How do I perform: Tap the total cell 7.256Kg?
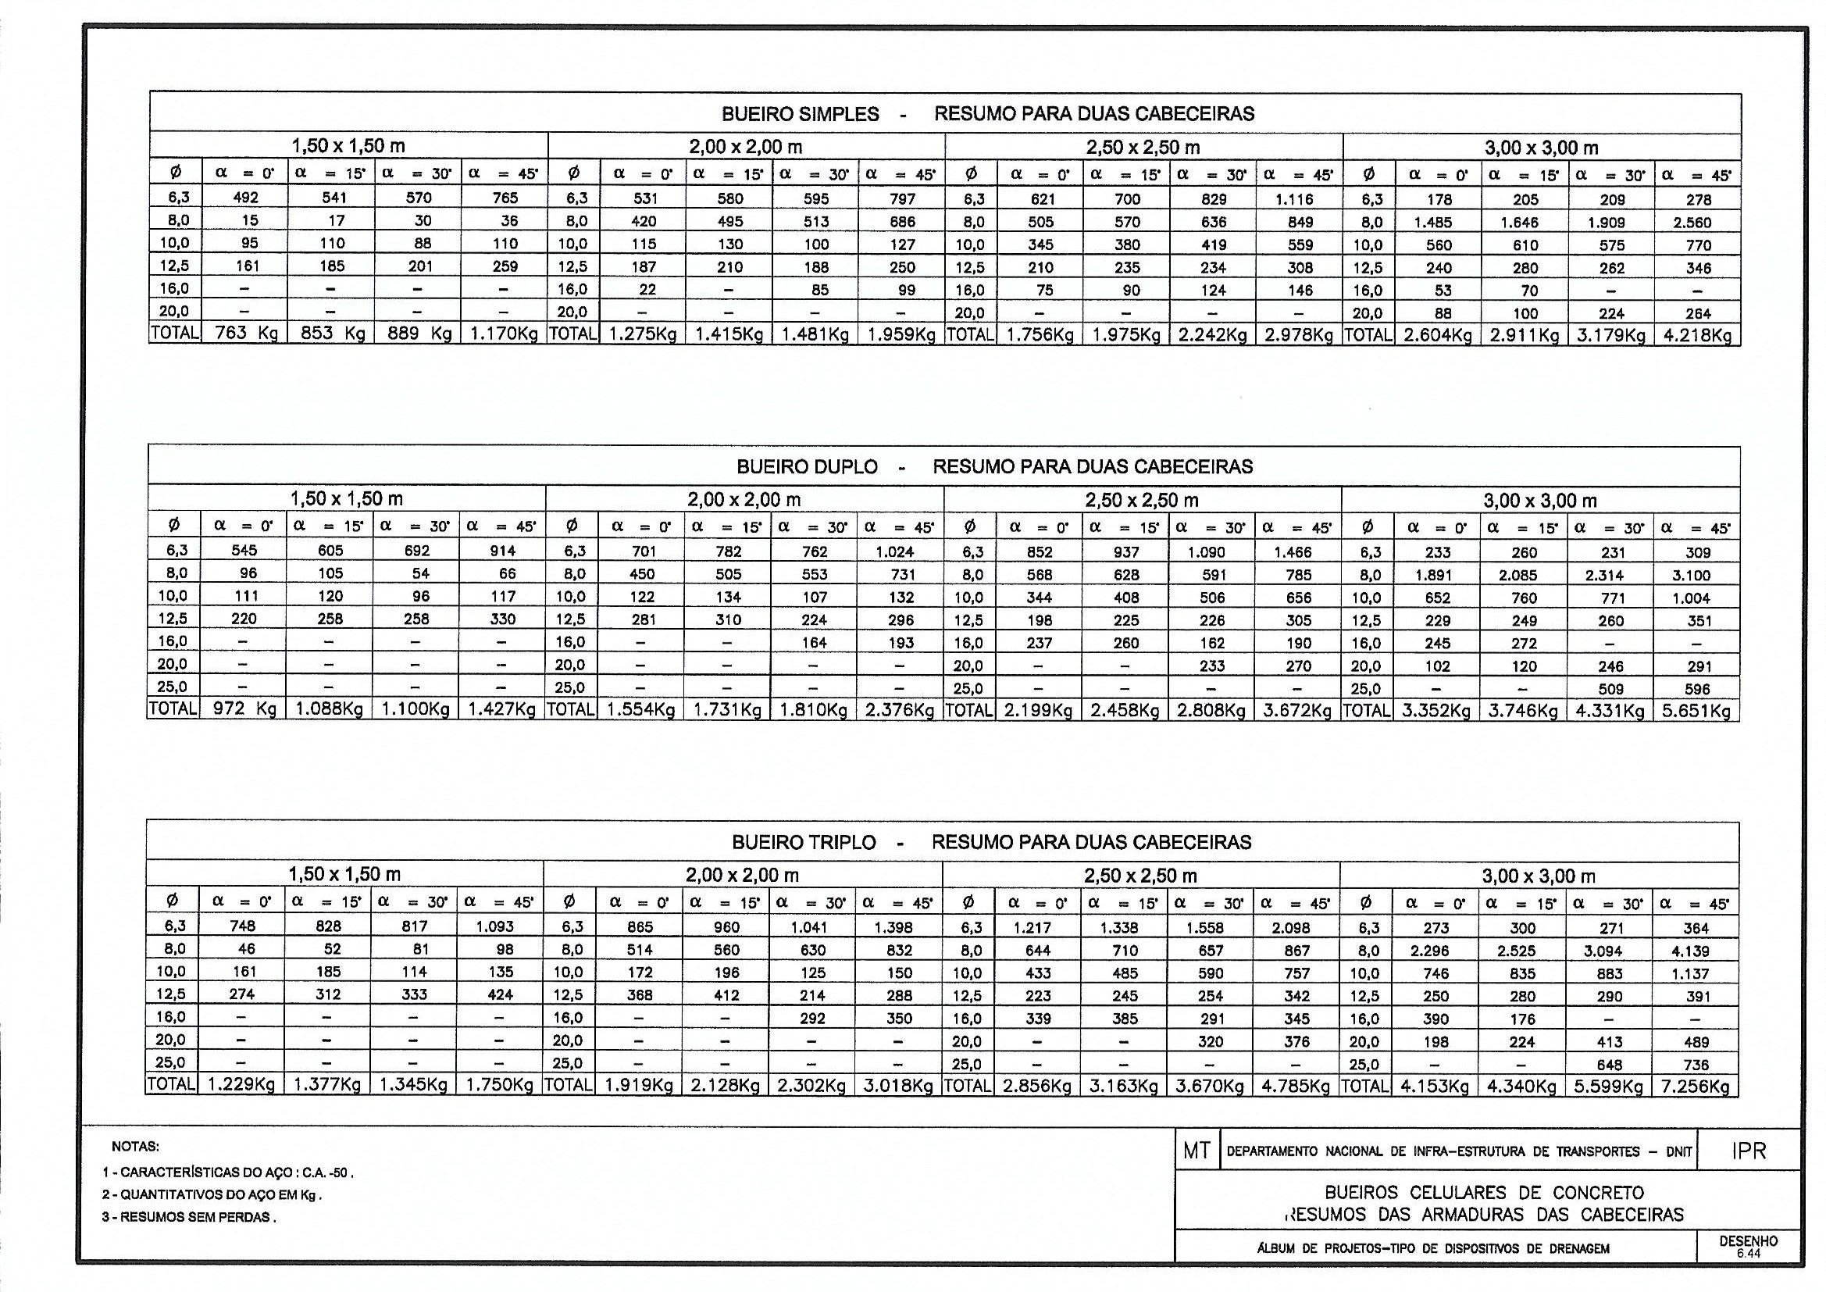pos(1695,1086)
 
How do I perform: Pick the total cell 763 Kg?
pos(246,334)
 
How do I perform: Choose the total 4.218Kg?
pos(1698,336)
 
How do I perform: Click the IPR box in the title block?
pos(1748,1151)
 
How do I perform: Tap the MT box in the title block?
pos(1197,1151)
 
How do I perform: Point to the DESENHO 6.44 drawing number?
pos(1748,1246)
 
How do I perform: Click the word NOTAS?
pos(135,1147)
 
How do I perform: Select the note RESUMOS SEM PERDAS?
pos(189,1217)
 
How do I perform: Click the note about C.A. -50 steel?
pos(228,1172)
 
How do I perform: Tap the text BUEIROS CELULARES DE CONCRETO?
pos(1484,1193)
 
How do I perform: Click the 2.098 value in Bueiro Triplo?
pos(1293,928)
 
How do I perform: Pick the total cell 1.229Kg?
pos(241,1085)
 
